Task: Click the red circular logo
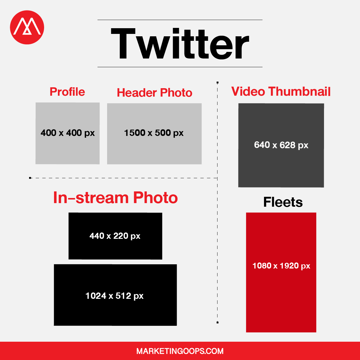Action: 27,27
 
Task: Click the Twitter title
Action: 180,43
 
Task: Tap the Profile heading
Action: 67,92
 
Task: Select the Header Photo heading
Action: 154,92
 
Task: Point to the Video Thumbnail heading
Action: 281,91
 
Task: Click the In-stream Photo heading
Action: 115,198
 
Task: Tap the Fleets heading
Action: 283,202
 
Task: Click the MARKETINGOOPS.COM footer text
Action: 180,351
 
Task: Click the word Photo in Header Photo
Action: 176,92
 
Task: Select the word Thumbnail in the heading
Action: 299,91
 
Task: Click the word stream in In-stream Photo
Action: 102,198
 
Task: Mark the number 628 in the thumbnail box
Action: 287,145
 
